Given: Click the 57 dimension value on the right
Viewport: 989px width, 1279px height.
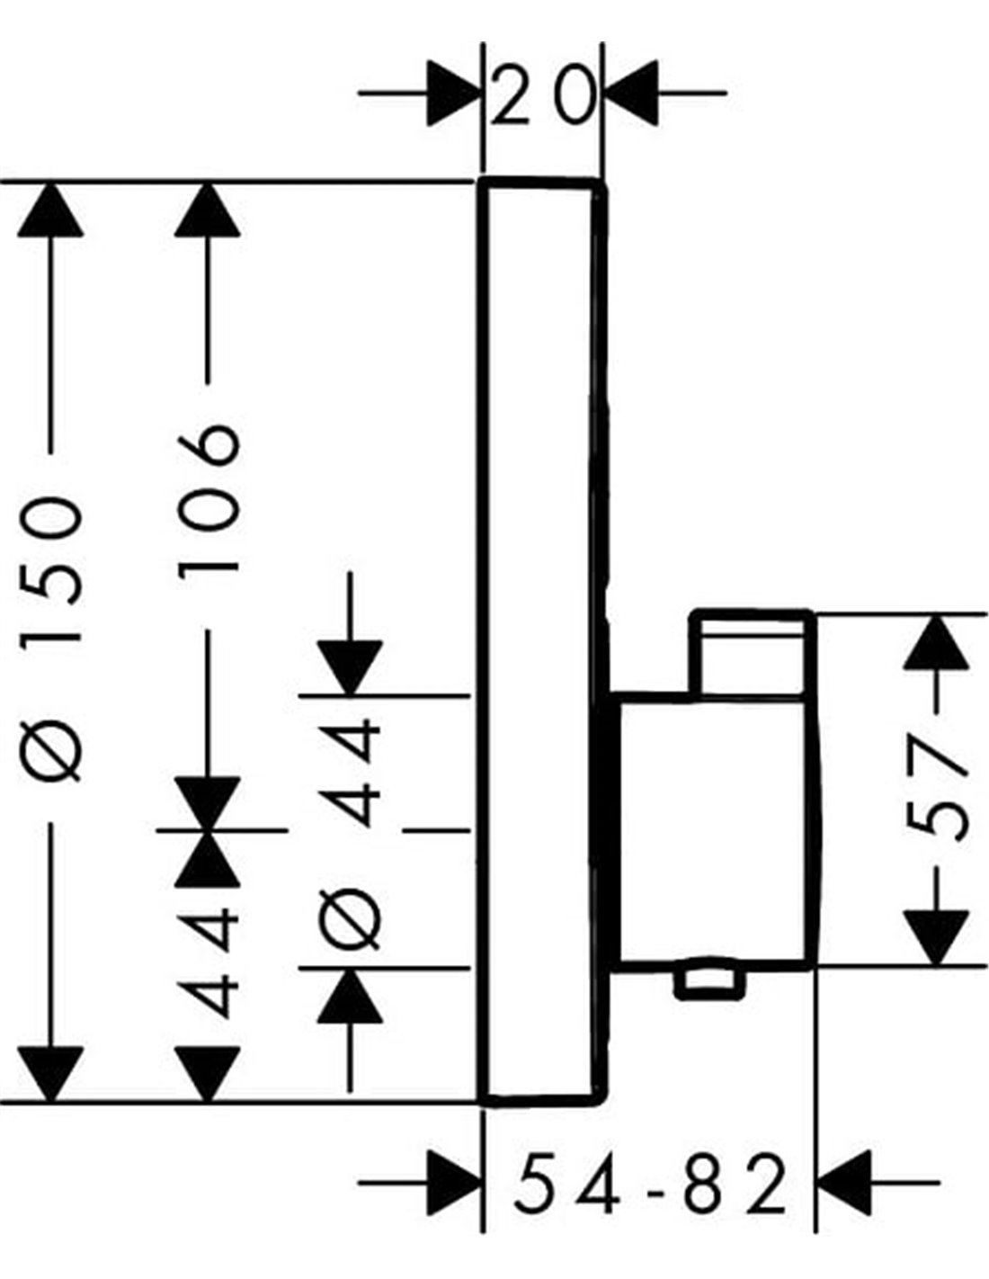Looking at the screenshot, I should (x=937, y=787).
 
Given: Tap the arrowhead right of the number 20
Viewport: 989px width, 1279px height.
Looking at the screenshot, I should (x=632, y=93).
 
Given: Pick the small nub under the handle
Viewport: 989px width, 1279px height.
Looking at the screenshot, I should (x=709, y=982).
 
